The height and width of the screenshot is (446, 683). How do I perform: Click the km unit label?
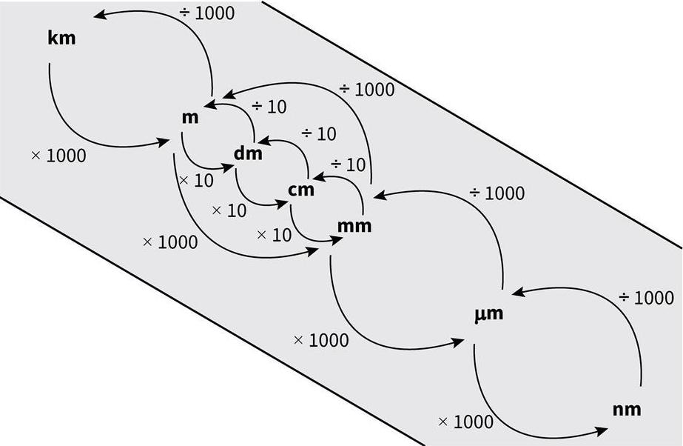point(61,38)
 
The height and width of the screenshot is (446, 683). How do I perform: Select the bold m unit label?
point(189,117)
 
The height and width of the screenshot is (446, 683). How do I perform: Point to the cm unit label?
point(300,190)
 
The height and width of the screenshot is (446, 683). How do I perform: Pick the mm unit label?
point(353,226)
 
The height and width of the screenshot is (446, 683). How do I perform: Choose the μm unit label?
point(488,313)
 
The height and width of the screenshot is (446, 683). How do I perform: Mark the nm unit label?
point(626,409)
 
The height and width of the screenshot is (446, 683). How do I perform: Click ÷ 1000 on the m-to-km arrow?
point(206,13)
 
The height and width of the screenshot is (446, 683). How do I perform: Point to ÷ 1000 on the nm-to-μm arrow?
point(646,298)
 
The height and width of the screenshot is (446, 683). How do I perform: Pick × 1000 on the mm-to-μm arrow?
point(320,340)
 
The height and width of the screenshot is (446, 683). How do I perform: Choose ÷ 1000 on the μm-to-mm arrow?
point(497,193)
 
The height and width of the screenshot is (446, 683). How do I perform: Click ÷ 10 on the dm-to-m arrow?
point(269,107)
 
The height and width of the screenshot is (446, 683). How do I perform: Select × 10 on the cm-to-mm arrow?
point(274,235)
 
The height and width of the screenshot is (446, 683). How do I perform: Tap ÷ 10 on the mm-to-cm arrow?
point(348,164)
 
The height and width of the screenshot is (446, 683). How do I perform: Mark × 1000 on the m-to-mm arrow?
point(169,242)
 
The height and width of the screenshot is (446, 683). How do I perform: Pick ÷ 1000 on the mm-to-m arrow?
point(367,90)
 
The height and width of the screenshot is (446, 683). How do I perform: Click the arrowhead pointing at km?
point(99,14)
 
